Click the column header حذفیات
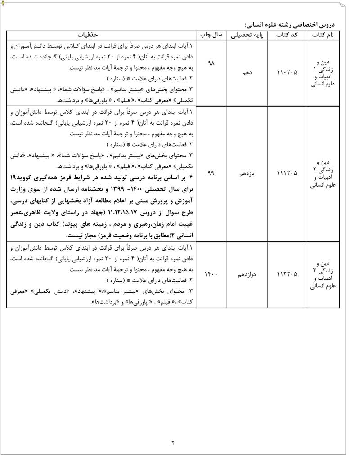(102, 35)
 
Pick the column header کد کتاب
(285, 35)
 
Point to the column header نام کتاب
(322, 35)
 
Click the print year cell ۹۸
(211, 63)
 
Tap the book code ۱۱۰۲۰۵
(285, 72)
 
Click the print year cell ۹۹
(211, 173)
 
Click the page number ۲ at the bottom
(173, 442)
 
